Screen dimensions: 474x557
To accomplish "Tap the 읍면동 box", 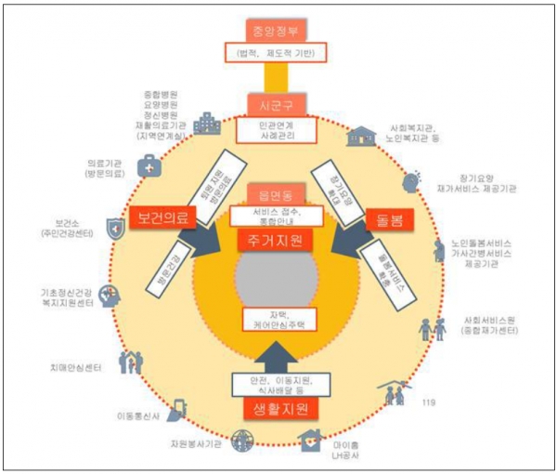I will point(277,194).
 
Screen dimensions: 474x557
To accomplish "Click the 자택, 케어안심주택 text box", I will point(277,318).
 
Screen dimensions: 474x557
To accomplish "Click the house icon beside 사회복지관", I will point(356,137).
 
